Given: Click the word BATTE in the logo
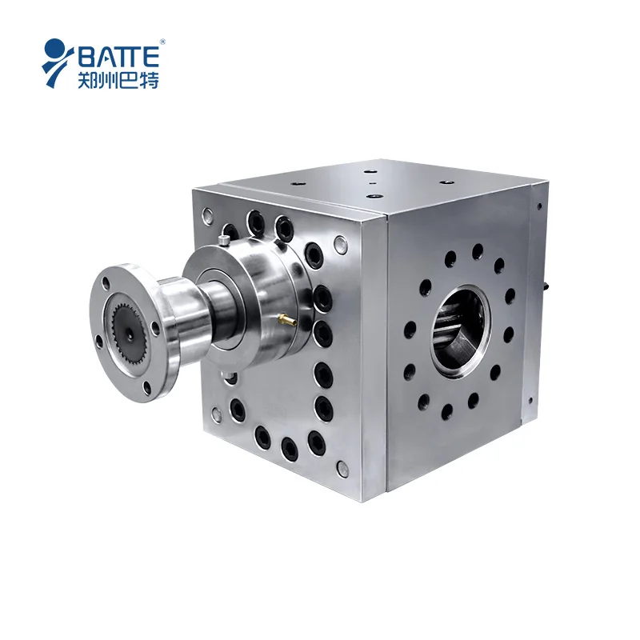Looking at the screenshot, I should pyautogui.click(x=120, y=56).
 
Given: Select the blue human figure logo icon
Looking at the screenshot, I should pyautogui.click(x=58, y=61).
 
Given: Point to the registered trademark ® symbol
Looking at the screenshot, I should pyautogui.click(x=162, y=41).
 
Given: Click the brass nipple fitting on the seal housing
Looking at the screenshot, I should pyautogui.click(x=286, y=321).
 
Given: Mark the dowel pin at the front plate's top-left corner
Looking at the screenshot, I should pyautogui.click(x=208, y=214).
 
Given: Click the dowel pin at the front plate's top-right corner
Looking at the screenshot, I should pyautogui.click(x=340, y=241).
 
